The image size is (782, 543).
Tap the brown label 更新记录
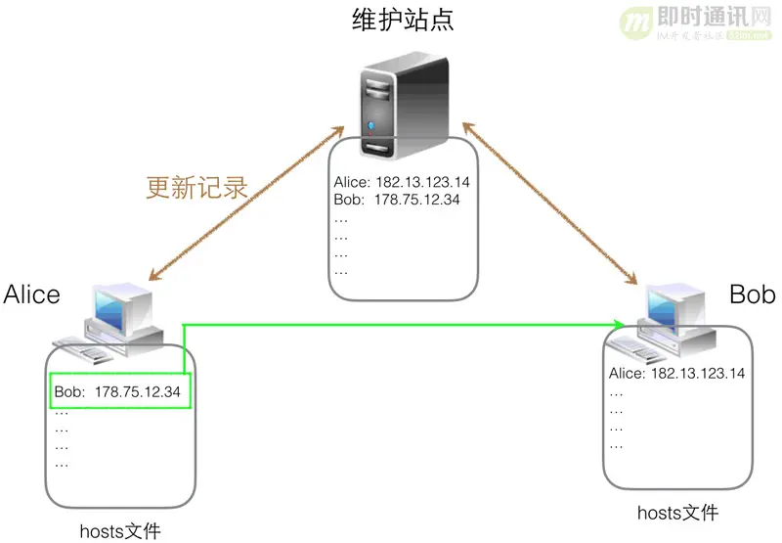(195, 187)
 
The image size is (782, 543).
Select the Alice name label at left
(32, 294)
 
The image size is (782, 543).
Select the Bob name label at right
(752, 294)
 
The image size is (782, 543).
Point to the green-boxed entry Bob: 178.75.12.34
(118, 392)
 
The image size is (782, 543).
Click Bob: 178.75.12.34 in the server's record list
(397, 201)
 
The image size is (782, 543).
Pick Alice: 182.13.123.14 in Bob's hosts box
(676, 373)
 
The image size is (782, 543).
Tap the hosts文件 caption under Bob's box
(677, 513)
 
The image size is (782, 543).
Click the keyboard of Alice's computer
(82, 342)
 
